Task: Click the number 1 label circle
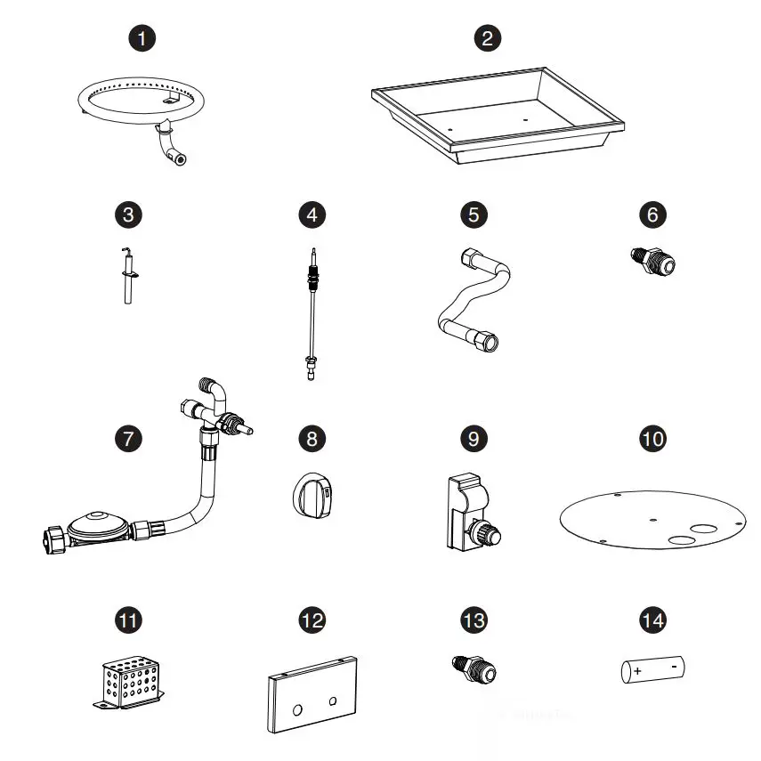pyautogui.click(x=141, y=38)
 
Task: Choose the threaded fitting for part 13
pyautogui.click(x=478, y=667)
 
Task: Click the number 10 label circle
pyautogui.click(x=653, y=439)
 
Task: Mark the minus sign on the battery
pyautogui.click(x=675, y=664)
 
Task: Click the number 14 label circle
pyautogui.click(x=653, y=620)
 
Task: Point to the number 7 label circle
pyautogui.click(x=129, y=439)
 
